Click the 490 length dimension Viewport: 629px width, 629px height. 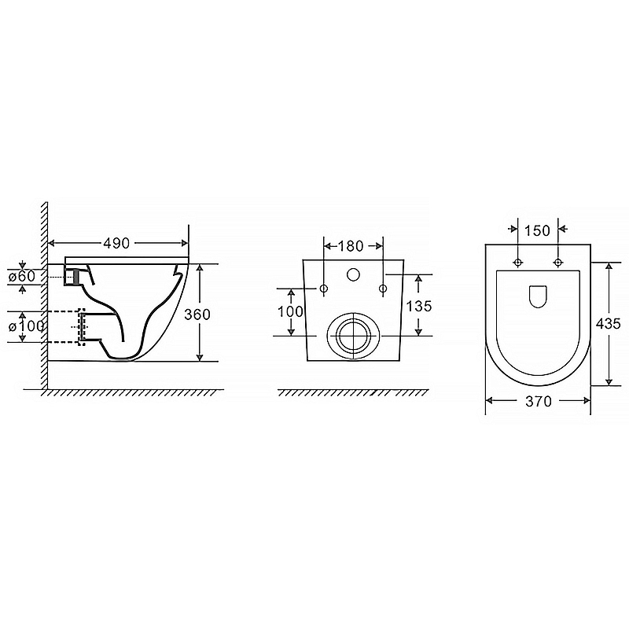coord(116,243)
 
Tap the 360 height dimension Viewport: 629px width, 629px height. coord(197,314)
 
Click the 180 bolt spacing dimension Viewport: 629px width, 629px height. coord(351,246)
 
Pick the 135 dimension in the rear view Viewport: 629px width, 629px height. coord(419,306)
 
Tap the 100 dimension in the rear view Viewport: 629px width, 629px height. coord(291,311)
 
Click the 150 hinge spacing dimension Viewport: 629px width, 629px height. coord(537,230)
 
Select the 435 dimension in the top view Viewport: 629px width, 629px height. coord(608,323)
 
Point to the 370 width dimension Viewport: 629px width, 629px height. coord(539,401)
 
